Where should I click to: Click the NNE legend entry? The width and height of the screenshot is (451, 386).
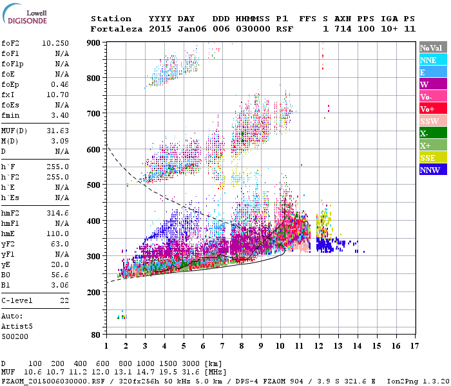click(432, 60)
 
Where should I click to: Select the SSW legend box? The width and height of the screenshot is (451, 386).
click(432, 121)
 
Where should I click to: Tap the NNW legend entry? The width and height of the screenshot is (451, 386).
click(432, 170)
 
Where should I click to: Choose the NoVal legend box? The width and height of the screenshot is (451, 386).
click(432, 48)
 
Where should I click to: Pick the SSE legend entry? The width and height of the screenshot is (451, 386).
click(432, 158)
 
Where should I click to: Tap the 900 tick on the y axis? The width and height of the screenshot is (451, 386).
click(95, 43)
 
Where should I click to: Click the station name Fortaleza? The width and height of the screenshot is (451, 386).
click(117, 29)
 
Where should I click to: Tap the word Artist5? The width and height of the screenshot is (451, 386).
click(17, 326)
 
